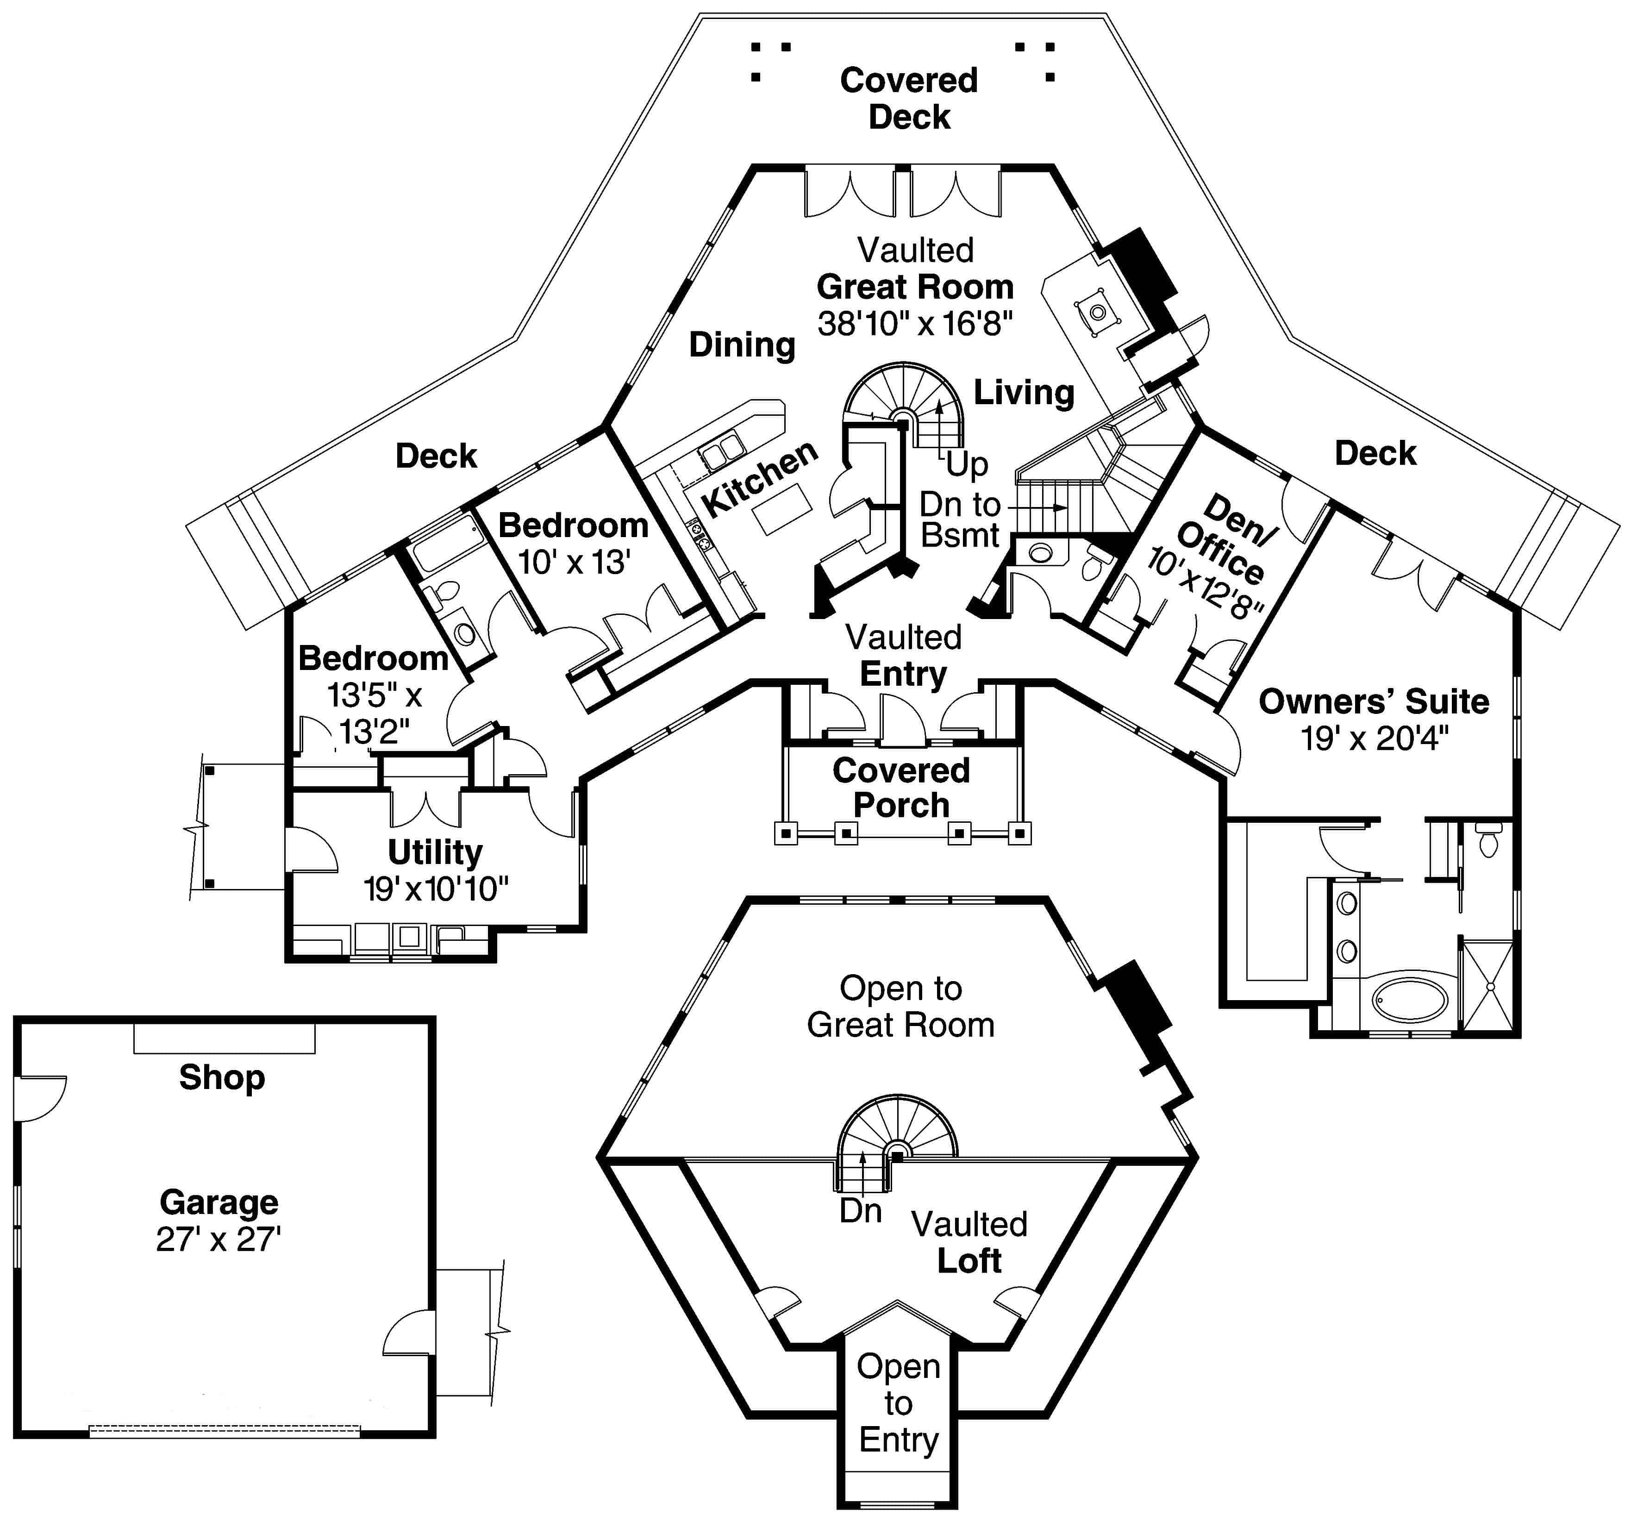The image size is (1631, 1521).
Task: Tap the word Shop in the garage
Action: click(221, 1077)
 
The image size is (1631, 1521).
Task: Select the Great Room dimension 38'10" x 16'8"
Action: click(915, 324)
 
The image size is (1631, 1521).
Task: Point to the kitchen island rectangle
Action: click(783, 509)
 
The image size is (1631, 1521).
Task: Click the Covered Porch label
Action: click(901, 788)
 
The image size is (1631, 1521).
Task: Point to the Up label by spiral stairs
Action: click(967, 464)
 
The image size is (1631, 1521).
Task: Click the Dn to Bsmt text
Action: click(960, 520)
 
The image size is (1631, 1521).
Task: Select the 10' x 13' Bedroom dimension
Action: click(574, 563)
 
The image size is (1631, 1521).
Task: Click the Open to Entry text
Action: click(898, 1403)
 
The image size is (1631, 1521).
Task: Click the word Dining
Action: click(742, 344)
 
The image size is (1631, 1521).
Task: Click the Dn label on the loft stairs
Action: click(860, 1210)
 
